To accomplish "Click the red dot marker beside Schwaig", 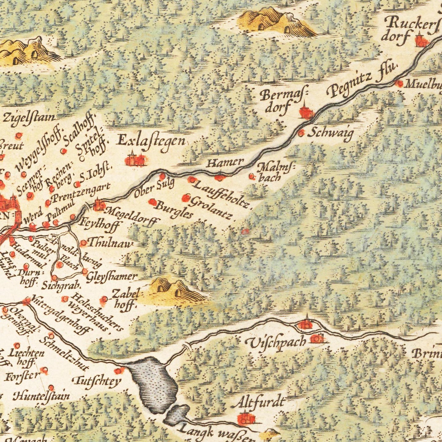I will pyautogui.click(x=301, y=133).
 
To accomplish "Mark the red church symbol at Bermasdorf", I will pyautogui.click(x=305, y=112).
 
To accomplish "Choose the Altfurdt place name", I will pyautogui.click(x=258, y=402).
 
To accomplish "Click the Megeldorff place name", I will pyautogui.click(x=132, y=214).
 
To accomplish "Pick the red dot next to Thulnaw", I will pyautogui.click(x=84, y=243).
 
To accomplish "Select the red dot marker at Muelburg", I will pyautogui.click(x=398, y=83).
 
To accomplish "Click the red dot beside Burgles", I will pyautogui.click(x=152, y=202).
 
